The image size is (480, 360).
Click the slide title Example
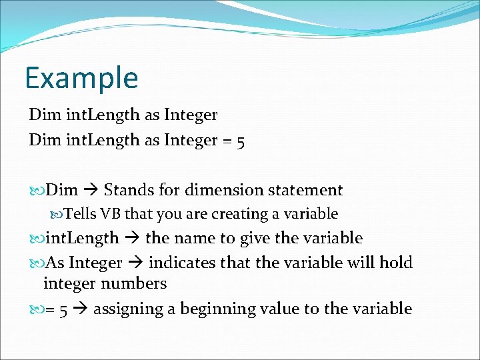[x=81, y=77]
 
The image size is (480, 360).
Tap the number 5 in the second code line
[x=240, y=141]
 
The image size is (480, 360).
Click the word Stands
[x=129, y=191]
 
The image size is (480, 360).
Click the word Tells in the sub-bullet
[x=80, y=214]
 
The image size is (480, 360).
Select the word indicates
[x=182, y=263]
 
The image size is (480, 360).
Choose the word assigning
[x=125, y=309]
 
